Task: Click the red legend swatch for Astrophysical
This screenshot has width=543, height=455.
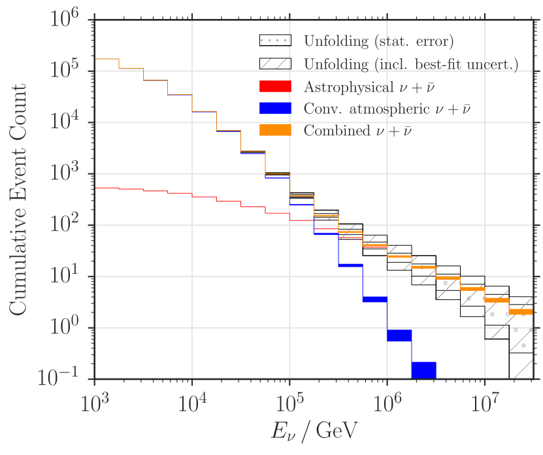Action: point(276,86)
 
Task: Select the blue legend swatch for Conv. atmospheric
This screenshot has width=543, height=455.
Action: point(276,109)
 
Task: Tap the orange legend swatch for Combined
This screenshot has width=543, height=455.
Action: point(276,131)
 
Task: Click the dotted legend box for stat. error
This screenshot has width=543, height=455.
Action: point(276,41)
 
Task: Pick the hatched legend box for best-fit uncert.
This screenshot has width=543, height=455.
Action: point(276,63)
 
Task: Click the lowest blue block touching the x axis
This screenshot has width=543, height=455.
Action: point(423,370)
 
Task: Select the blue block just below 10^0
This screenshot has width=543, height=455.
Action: point(399,335)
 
